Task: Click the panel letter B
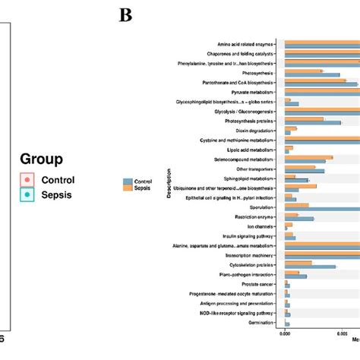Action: (125, 14)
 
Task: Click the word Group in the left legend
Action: (41, 160)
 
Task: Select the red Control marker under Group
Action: (27, 179)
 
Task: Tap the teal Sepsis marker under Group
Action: (27, 195)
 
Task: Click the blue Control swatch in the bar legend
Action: (127, 182)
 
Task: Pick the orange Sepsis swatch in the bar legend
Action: (127, 188)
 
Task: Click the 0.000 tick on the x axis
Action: (285, 332)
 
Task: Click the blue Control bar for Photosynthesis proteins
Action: (312, 122)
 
